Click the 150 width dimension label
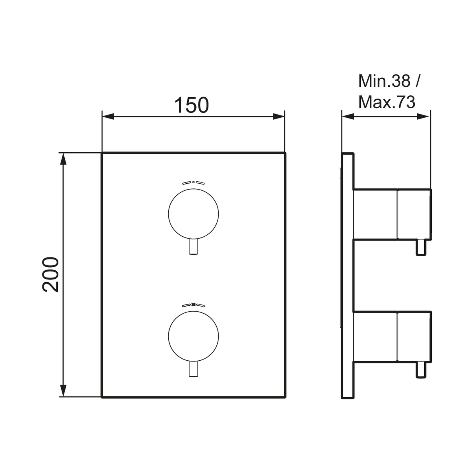(192, 105)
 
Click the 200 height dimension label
(51, 274)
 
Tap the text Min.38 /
(389, 81)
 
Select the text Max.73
(387, 102)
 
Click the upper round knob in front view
(194, 214)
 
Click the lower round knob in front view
(194, 336)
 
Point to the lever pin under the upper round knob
(194, 246)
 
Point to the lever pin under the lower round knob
(194, 369)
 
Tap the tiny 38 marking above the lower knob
(194, 304)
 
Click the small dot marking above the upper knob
(194, 182)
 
